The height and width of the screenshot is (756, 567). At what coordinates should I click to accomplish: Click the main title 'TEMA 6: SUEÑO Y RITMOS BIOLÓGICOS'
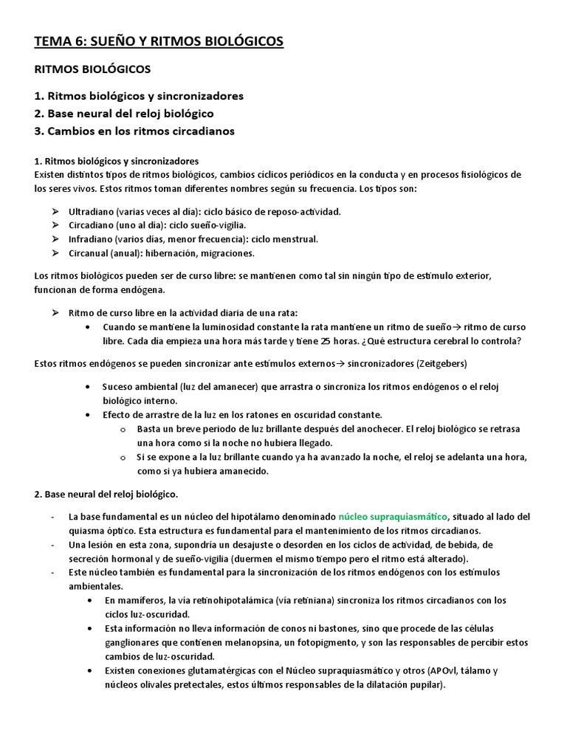159,43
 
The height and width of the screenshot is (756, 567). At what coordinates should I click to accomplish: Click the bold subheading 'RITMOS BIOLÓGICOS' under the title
92,69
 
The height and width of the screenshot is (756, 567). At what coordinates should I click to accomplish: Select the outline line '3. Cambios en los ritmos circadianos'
134,131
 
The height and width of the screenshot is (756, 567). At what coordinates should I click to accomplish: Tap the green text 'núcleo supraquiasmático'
393,516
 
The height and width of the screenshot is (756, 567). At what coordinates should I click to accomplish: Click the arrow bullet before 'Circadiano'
55,225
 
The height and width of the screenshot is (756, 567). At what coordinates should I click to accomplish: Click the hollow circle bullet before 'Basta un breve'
123,429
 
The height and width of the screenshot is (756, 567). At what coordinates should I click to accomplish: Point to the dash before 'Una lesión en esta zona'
52,544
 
